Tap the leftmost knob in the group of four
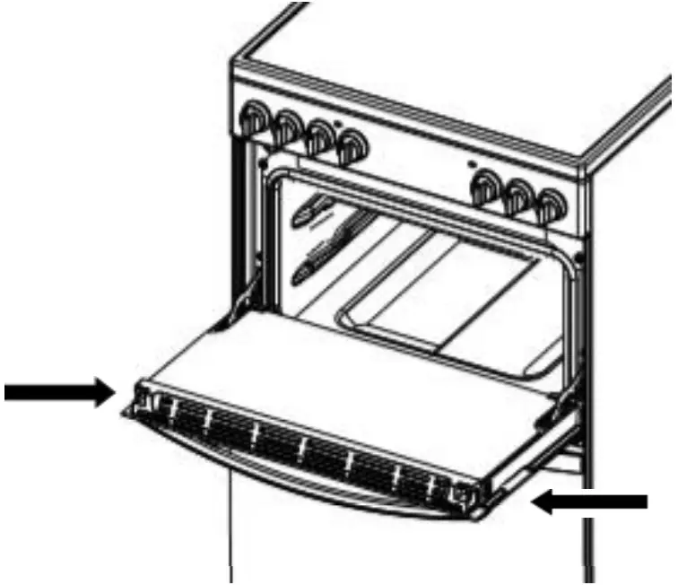tap(254, 119)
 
